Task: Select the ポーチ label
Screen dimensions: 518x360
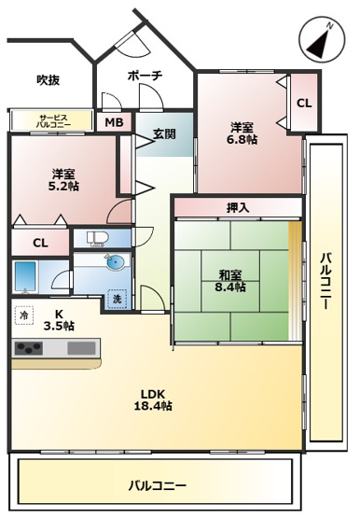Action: [x=144, y=76]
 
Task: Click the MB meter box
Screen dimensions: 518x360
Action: [x=113, y=122]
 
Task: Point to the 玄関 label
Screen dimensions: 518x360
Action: [x=164, y=133]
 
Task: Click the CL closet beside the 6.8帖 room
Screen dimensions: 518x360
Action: [x=304, y=103]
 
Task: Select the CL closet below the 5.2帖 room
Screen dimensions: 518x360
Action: [x=39, y=243]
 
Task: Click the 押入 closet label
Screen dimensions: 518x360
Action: [x=238, y=207]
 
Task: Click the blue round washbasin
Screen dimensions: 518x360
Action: [x=114, y=262]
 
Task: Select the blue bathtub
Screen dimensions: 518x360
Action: [x=25, y=275]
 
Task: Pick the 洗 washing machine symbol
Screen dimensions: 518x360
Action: [x=118, y=300]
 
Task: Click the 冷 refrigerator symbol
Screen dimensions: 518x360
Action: [x=23, y=315]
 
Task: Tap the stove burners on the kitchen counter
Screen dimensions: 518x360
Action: [x=29, y=349]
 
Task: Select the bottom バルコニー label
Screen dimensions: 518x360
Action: [x=157, y=485]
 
